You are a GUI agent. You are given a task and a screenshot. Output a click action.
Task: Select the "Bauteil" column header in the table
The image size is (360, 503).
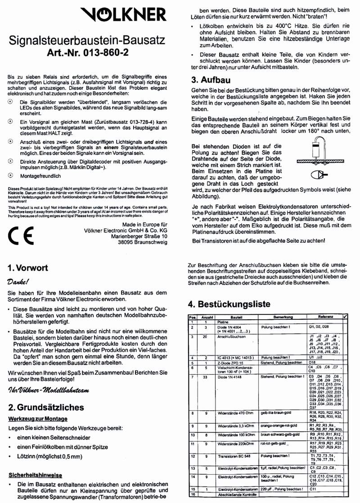click(x=236, y=317)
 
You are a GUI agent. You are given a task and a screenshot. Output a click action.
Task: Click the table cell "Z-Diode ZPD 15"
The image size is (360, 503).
click(x=233, y=363)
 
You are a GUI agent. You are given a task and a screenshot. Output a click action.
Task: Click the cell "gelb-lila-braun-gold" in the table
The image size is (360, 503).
click(x=278, y=412)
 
